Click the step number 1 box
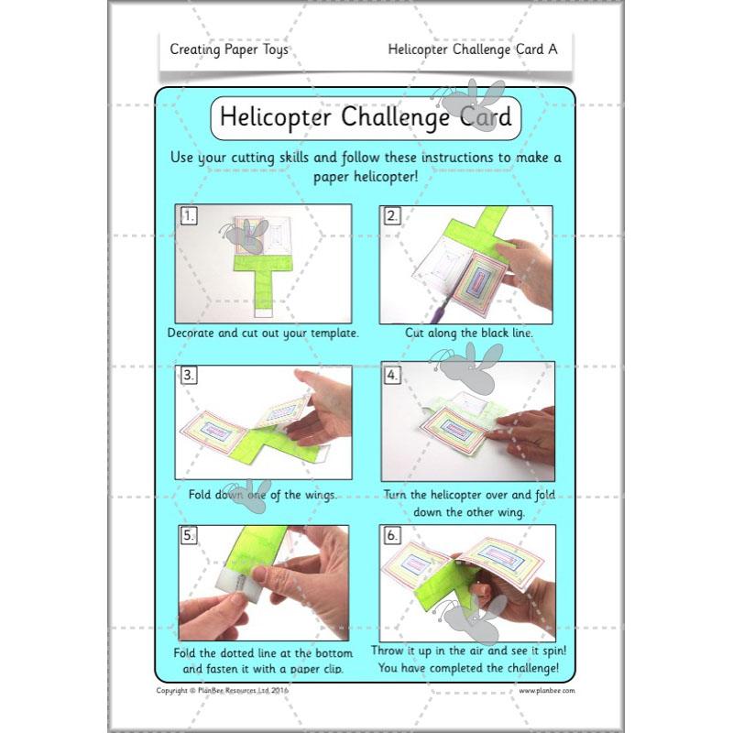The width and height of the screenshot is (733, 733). (x=189, y=215)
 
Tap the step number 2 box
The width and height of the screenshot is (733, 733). (x=392, y=215)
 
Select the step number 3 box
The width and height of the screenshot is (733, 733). (x=189, y=375)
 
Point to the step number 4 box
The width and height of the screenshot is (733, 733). (x=392, y=375)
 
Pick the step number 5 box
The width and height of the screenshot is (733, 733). (x=189, y=535)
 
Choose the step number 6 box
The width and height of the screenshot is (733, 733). (x=392, y=535)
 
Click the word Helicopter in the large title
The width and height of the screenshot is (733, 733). (x=276, y=117)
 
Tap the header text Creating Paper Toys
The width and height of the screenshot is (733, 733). (x=229, y=49)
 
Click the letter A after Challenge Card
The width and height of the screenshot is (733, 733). (x=552, y=49)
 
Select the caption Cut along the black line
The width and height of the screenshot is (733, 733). (x=469, y=333)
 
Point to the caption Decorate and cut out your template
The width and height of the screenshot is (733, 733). (x=263, y=333)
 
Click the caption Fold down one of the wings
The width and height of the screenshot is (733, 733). (x=263, y=495)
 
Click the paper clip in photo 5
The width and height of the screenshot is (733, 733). (x=240, y=585)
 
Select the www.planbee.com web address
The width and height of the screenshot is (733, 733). (x=547, y=691)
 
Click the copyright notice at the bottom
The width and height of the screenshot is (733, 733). (x=223, y=691)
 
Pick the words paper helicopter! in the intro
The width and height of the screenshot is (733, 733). (x=366, y=177)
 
